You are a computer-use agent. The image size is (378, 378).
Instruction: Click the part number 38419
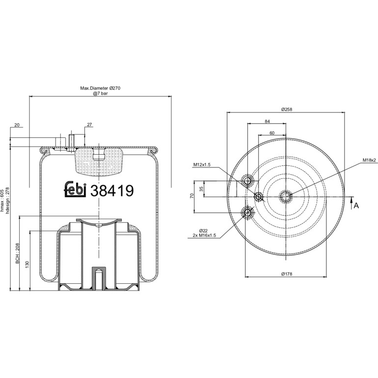111,190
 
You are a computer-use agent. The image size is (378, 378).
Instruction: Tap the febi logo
75,189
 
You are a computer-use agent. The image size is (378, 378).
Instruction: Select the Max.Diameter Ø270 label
100,88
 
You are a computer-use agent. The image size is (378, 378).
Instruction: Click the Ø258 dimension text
287,109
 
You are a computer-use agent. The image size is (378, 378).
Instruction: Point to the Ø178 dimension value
287,274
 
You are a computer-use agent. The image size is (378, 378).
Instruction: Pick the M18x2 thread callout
369,160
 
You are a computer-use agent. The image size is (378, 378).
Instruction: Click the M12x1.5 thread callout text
202,164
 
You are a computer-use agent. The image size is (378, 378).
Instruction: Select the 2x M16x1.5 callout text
204,235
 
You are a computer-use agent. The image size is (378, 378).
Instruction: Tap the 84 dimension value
267,122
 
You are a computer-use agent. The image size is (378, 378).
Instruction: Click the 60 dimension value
272,133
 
